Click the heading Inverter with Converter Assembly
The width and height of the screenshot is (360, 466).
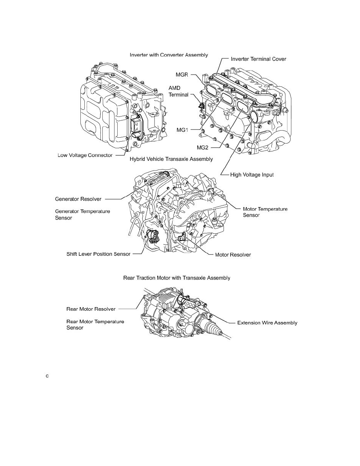[169, 55]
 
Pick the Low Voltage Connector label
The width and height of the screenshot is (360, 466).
[83, 155]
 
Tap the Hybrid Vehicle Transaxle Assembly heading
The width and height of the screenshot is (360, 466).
[171, 159]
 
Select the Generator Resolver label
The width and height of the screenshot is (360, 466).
[78, 199]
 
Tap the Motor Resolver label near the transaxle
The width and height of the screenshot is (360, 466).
[233, 255]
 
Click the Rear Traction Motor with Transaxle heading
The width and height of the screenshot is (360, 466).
[176, 278]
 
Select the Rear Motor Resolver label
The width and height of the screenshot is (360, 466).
[91, 309]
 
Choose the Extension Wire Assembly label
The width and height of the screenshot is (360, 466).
[267, 323]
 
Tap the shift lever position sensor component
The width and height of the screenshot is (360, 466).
[152, 236]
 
